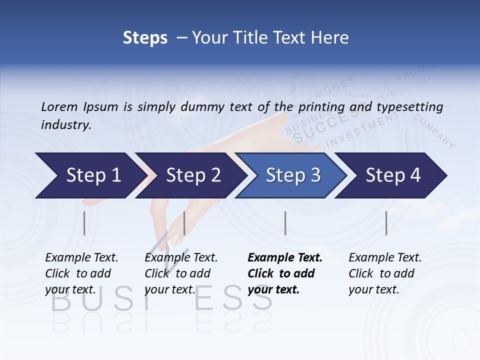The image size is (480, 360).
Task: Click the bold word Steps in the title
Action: click(145, 38)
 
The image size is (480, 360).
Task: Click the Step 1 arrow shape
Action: click(90, 175)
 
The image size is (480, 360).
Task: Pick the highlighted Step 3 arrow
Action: click(292, 175)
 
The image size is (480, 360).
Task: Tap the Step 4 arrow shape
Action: click(392, 175)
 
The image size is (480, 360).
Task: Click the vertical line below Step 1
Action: click(84, 223)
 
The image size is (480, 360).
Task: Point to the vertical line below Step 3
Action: click(285, 223)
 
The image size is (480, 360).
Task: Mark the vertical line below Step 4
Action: click(386, 223)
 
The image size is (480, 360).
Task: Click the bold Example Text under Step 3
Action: click(285, 258)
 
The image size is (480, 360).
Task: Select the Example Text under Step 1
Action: click(81, 258)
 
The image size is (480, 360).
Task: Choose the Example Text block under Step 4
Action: click(385, 273)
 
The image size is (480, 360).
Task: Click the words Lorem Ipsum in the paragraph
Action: click(79, 107)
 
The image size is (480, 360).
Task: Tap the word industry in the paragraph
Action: click(65, 125)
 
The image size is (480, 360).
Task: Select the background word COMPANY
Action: click(434, 131)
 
